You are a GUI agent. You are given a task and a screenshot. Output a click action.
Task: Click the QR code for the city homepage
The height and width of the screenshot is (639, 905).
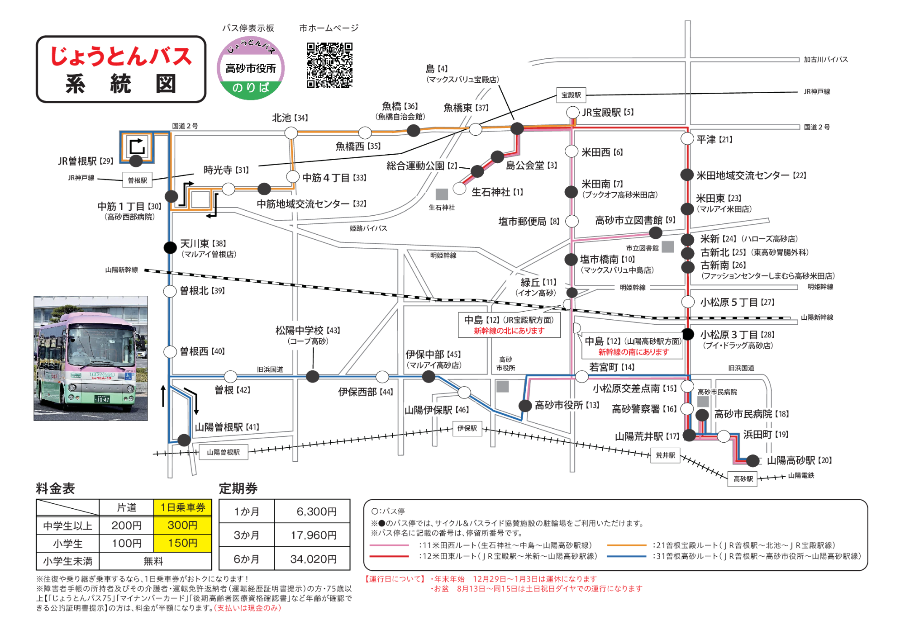[x=329, y=65]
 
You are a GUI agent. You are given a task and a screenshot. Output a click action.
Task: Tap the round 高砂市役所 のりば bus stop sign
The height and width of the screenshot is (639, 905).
[x=251, y=68]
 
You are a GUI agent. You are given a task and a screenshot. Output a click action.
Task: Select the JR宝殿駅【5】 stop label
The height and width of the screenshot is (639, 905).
[x=608, y=112]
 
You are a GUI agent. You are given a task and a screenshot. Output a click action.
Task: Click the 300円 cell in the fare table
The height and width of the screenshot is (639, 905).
[x=183, y=525]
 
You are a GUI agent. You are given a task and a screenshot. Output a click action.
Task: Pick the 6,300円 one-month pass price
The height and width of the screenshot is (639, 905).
[x=316, y=511]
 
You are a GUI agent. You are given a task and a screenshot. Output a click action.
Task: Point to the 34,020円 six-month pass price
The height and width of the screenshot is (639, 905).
[x=313, y=559]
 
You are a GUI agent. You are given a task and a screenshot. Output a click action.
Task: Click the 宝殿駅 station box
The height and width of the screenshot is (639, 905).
[x=571, y=95]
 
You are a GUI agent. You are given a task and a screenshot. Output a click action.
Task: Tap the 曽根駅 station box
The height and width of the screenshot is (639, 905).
[x=138, y=180]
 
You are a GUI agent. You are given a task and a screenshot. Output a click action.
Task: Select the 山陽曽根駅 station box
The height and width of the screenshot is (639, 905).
[x=224, y=452]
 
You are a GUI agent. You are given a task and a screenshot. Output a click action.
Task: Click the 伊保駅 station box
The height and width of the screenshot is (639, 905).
[x=467, y=428]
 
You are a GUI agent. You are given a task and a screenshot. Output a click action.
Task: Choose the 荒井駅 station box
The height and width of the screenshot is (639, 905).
[x=665, y=455]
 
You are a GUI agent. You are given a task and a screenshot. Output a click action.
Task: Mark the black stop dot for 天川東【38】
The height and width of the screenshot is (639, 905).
[x=170, y=247]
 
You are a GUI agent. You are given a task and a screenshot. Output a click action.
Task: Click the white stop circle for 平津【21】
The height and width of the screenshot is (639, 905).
[x=687, y=139]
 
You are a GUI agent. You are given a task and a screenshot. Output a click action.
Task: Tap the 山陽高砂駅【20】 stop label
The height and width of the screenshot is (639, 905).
[x=799, y=460]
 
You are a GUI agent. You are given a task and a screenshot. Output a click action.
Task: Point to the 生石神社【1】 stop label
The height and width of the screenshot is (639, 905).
[x=497, y=192]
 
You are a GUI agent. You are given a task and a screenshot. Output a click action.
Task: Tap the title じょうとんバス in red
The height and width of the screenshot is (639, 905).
[x=121, y=56]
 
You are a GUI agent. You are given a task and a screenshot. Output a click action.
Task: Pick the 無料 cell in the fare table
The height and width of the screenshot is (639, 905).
[x=154, y=561]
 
